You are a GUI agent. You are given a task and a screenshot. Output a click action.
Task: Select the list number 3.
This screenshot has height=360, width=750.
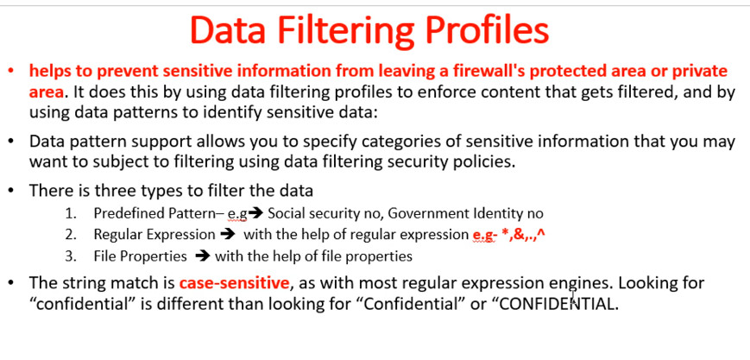71,256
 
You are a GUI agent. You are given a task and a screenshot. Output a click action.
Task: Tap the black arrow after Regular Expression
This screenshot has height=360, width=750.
229,235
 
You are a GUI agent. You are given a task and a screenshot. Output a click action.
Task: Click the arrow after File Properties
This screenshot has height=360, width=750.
203,256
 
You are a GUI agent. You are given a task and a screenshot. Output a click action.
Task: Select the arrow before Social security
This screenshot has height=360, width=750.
256,213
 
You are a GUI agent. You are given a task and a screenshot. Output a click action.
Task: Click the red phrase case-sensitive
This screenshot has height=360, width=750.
235,283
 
